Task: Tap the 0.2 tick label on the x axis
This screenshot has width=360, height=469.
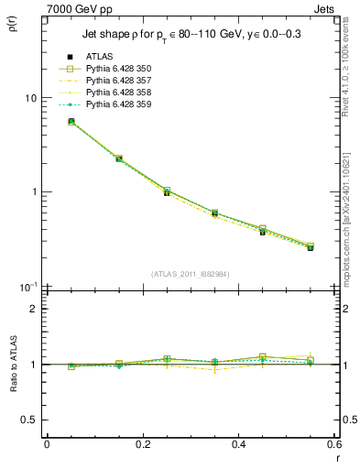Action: tap(142, 444)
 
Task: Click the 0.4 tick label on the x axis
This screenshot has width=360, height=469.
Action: tap(238, 444)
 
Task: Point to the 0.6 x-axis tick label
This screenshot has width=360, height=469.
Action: tap(333, 444)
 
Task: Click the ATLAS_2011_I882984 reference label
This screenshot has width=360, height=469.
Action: tap(190, 274)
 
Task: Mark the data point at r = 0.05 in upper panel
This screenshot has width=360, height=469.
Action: tap(71, 121)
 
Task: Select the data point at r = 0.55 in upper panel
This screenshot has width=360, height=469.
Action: tap(311, 247)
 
